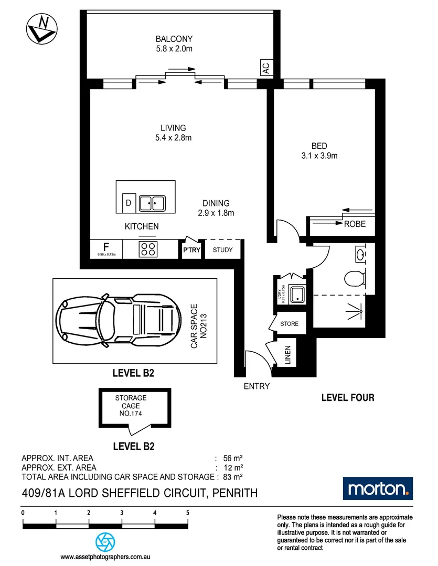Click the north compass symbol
pyautogui.click(x=41, y=28)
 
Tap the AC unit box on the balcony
pyautogui.click(x=265, y=68)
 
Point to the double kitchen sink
pyautogui.click(x=152, y=202)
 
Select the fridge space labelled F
pyautogui.click(x=106, y=248)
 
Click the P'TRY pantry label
pyautogui.click(x=191, y=250)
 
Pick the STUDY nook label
pyautogui.click(x=222, y=250)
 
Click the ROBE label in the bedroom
pyautogui.click(x=355, y=224)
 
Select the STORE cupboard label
pyautogui.click(x=289, y=324)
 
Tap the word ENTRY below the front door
pyautogui.click(x=257, y=386)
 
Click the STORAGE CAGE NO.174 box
pyautogui.click(x=134, y=406)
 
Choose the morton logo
pyautogui.click(x=378, y=489)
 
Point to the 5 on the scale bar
pyautogui.click(x=187, y=513)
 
